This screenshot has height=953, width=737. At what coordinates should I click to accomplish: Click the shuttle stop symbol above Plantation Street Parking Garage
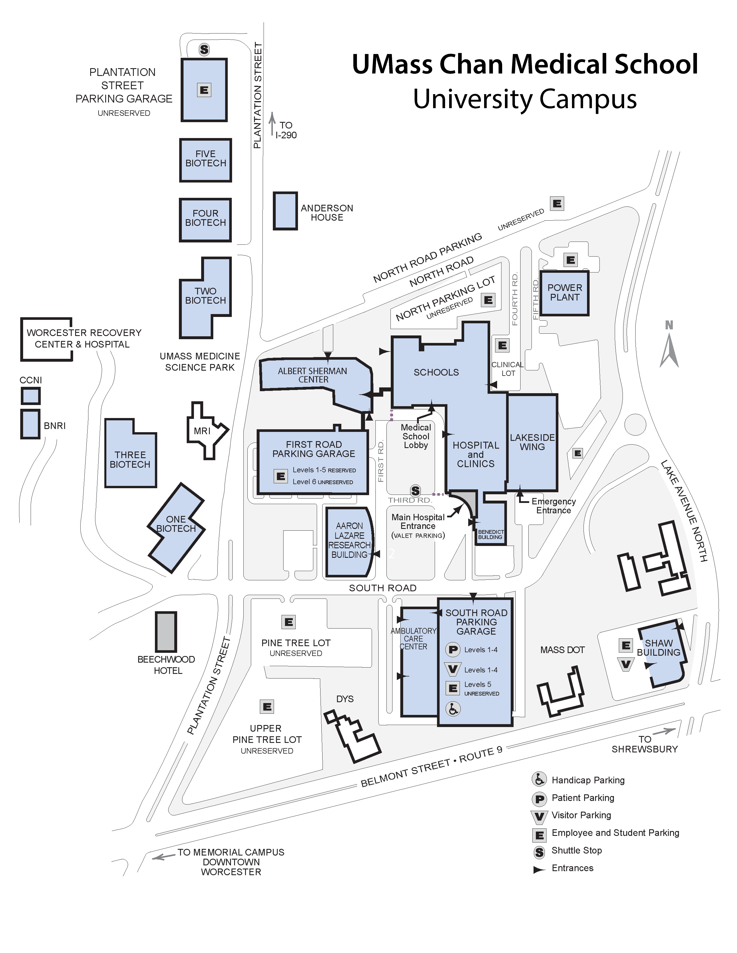click(204, 49)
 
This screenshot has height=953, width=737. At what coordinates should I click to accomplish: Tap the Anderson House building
click(285, 211)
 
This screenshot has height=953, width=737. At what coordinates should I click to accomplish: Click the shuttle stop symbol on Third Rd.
click(416, 491)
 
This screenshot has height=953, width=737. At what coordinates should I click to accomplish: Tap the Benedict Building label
click(491, 534)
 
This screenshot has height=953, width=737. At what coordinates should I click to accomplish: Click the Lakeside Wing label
click(532, 442)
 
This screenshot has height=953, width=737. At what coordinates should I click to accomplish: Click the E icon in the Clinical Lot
click(502, 345)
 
